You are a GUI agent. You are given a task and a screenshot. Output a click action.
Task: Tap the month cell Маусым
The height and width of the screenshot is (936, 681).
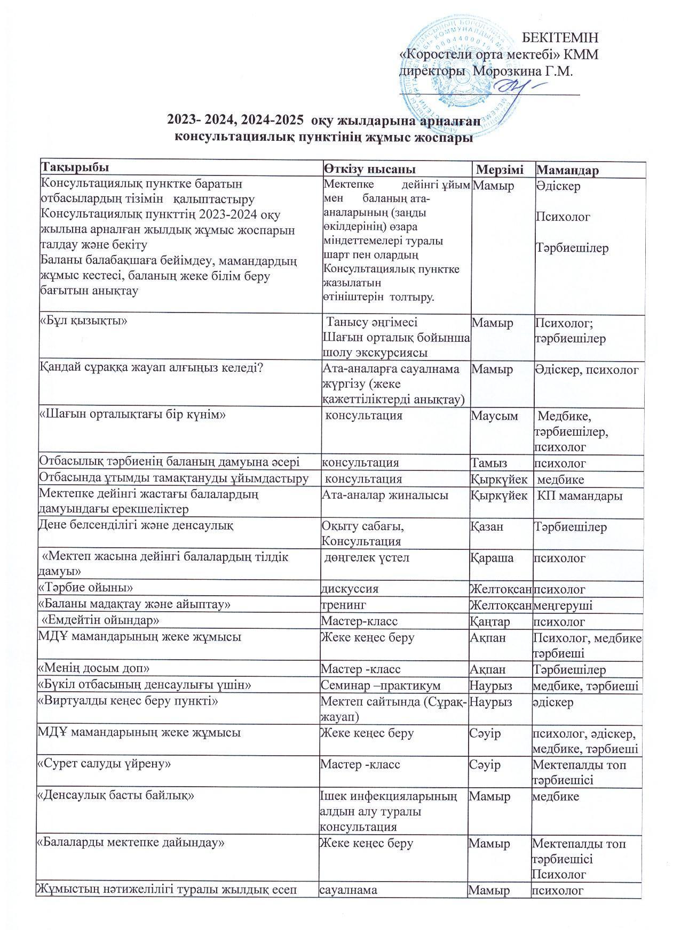click(x=494, y=415)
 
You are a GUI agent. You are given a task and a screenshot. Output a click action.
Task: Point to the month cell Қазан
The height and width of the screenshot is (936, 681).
click(x=487, y=526)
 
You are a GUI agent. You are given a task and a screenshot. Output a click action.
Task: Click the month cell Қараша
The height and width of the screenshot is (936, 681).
click(x=491, y=558)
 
